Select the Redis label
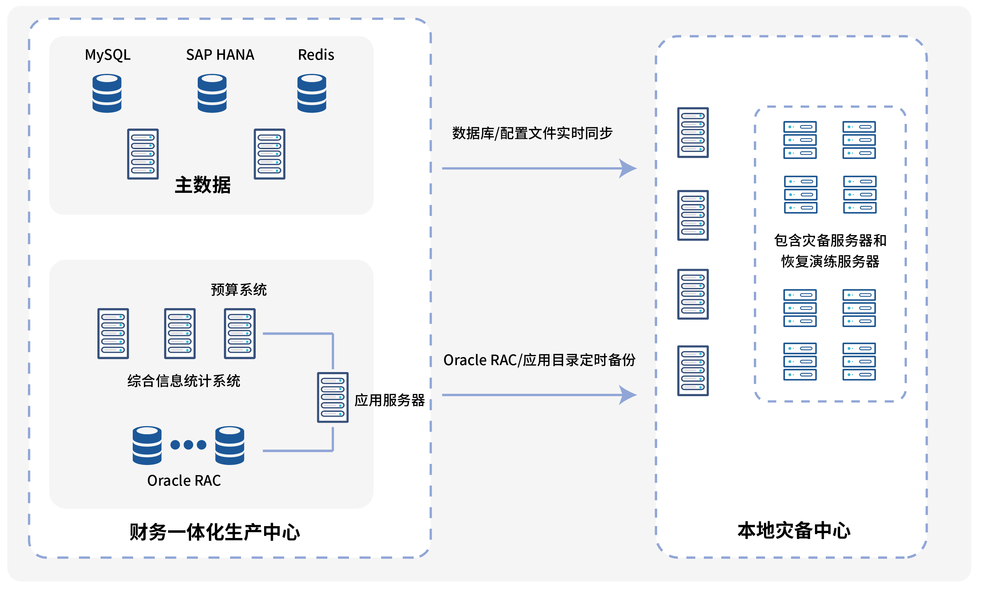(316, 55)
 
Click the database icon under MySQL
(107, 93)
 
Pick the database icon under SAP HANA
(212, 93)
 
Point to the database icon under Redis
(312, 93)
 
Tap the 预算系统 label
(239, 290)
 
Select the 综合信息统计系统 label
(184, 381)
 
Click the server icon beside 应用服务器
(333, 397)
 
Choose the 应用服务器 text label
(390, 400)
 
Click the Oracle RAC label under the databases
(184, 481)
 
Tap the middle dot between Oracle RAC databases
(189, 444)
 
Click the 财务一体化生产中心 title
(215, 532)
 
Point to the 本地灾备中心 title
(794, 531)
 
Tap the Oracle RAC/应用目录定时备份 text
(539, 360)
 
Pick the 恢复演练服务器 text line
(830, 262)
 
